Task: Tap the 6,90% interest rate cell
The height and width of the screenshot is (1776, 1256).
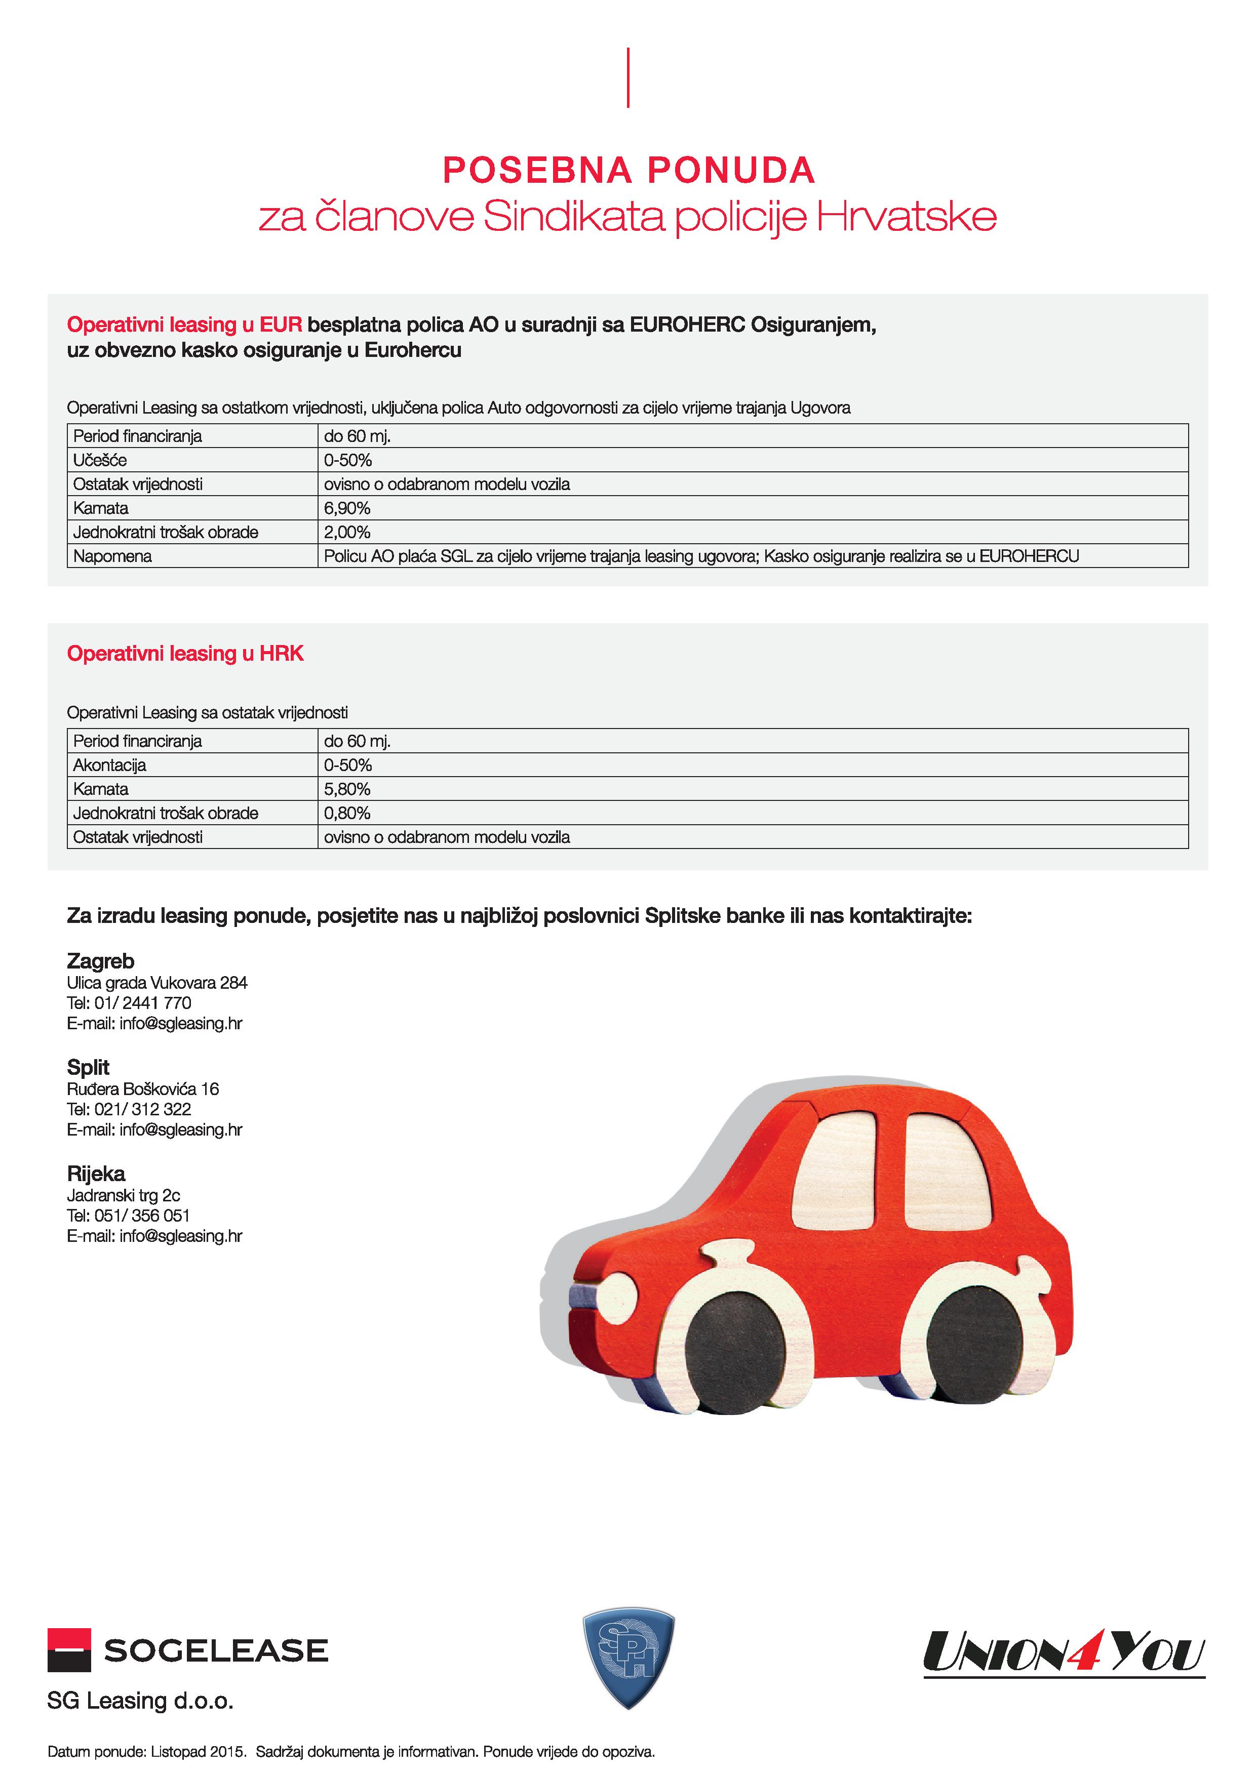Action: [347, 508]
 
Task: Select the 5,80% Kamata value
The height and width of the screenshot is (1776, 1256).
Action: [347, 789]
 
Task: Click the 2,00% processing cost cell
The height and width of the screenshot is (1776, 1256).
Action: [347, 532]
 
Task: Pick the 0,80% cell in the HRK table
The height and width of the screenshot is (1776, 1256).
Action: [347, 813]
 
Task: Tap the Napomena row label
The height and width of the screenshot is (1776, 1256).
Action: [112, 556]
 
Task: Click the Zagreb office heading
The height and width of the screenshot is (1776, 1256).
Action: [101, 961]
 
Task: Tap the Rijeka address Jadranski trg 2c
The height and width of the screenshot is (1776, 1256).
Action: [124, 1195]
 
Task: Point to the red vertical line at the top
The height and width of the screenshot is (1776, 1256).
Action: [627, 77]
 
